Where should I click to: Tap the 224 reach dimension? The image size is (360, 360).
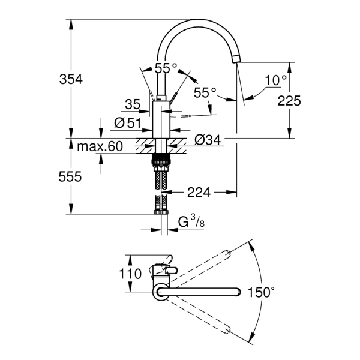[x=199, y=193]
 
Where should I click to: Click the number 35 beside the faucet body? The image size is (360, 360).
[x=133, y=105]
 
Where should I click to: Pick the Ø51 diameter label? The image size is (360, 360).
[x=127, y=123]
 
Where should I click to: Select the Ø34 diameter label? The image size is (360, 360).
[x=208, y=140]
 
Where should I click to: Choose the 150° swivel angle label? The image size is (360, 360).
[x=262, y=292]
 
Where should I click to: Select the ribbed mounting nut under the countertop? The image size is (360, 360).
[x=161, y=160]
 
